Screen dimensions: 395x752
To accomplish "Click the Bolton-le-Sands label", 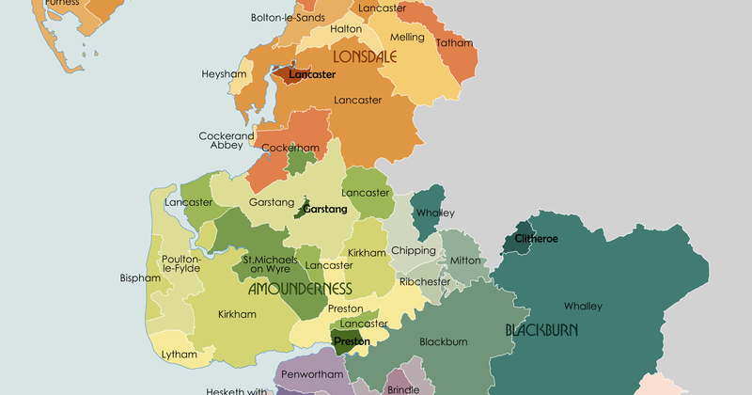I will (288, 17).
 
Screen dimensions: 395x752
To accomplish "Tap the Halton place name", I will (346, 29).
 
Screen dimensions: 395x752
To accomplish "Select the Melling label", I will (408, 38).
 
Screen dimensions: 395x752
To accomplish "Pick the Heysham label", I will (224, 73).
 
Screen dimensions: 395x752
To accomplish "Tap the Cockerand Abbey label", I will (226, 141).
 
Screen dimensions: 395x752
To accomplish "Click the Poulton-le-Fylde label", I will (180, 264).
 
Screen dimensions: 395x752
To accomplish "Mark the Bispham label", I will (140, 278).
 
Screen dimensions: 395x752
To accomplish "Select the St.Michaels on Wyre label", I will (271, 264).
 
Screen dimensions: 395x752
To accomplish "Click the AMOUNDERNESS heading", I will (300, 289).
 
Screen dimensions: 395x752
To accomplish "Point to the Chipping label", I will (414, 251).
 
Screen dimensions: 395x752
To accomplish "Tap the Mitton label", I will (465, 261).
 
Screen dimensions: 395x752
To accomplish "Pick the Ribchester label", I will (425, 281).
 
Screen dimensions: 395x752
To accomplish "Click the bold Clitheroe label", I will (536, 239).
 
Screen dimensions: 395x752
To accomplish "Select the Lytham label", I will (180, 355).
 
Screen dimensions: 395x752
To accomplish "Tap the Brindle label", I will (402, 389).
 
